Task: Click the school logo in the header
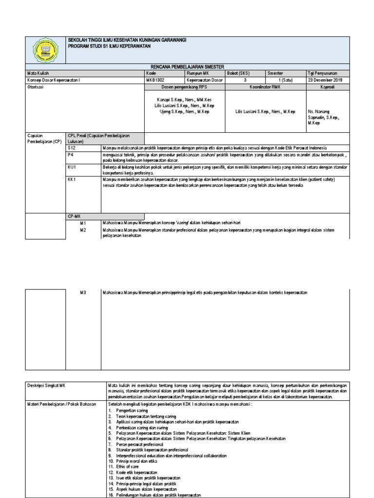pyautogui.click(x=44, y=51)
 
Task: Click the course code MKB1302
pyautogui.click(x=155, y=80)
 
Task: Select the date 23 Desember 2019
pyautogui.click(x=325, y=80)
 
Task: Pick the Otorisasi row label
pyautogui.click(x=35, y=87)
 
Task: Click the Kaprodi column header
pyautogui.click(x=327, y=87)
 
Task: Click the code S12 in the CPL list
pyautogui.click(x=72, y=147)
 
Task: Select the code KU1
pyautogui.click(x=72, y=167)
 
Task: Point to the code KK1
pyautogui.click(x=72, y=179)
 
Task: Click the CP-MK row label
pyautogui.click(x=74, y=215)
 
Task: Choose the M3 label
pyautogui.click(x=83, y=292)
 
